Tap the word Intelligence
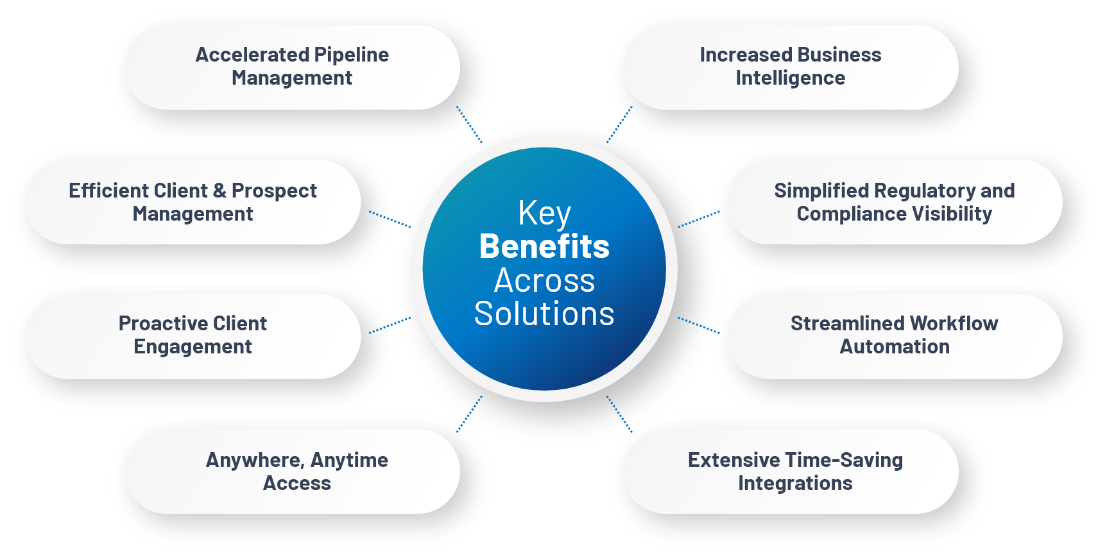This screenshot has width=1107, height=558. coord(790,78)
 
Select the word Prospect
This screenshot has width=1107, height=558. coord(274,191)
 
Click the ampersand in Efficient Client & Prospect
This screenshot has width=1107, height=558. coord(219,190)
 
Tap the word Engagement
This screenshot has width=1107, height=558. coord(193,347)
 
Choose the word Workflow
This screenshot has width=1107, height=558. coord(953,323)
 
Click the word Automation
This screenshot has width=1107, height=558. coord(894,347)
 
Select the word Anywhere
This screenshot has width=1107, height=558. coord(255,461)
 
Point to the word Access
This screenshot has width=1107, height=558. coord(296,484)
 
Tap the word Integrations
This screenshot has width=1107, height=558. coord(795,484)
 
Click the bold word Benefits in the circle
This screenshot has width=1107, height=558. coord(544,247)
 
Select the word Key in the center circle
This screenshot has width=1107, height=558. coord(544,213)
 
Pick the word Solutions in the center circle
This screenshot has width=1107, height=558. coord(544,314)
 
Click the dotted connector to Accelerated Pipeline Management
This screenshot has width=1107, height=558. coord(469,124)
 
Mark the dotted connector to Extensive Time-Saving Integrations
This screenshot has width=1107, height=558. coord(619,414)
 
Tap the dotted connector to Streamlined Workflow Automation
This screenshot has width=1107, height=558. coord(699,325)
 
